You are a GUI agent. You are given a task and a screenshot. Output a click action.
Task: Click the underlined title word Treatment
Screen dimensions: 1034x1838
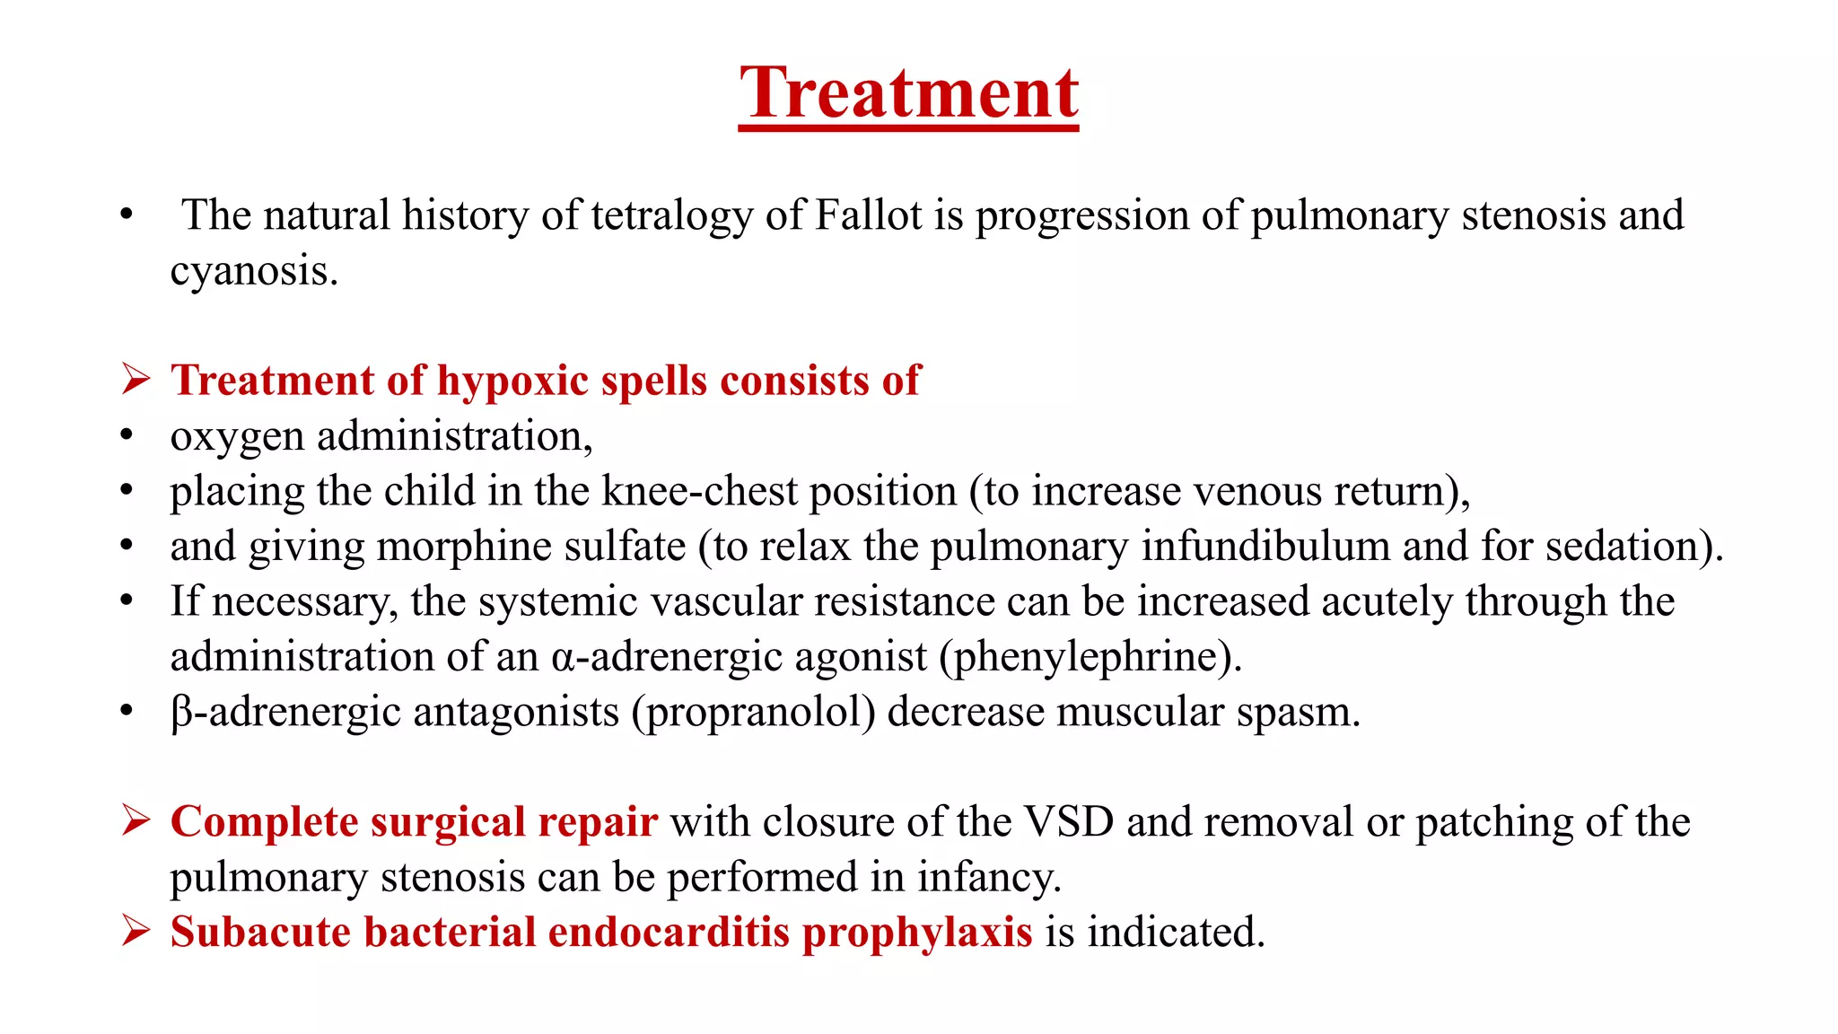pos(908,93)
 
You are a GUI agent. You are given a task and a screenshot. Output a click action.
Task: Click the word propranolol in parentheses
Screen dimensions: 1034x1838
pos(753,713)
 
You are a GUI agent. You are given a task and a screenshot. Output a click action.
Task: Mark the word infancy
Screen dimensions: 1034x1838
pos(987,878)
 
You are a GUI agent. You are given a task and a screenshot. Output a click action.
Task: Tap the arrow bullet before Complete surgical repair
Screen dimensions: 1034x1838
pos(136,820)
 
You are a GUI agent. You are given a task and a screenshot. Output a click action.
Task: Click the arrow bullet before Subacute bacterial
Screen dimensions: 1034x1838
pos(136,931)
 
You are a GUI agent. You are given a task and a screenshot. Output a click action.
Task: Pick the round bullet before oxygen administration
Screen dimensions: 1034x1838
pos(127,436)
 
